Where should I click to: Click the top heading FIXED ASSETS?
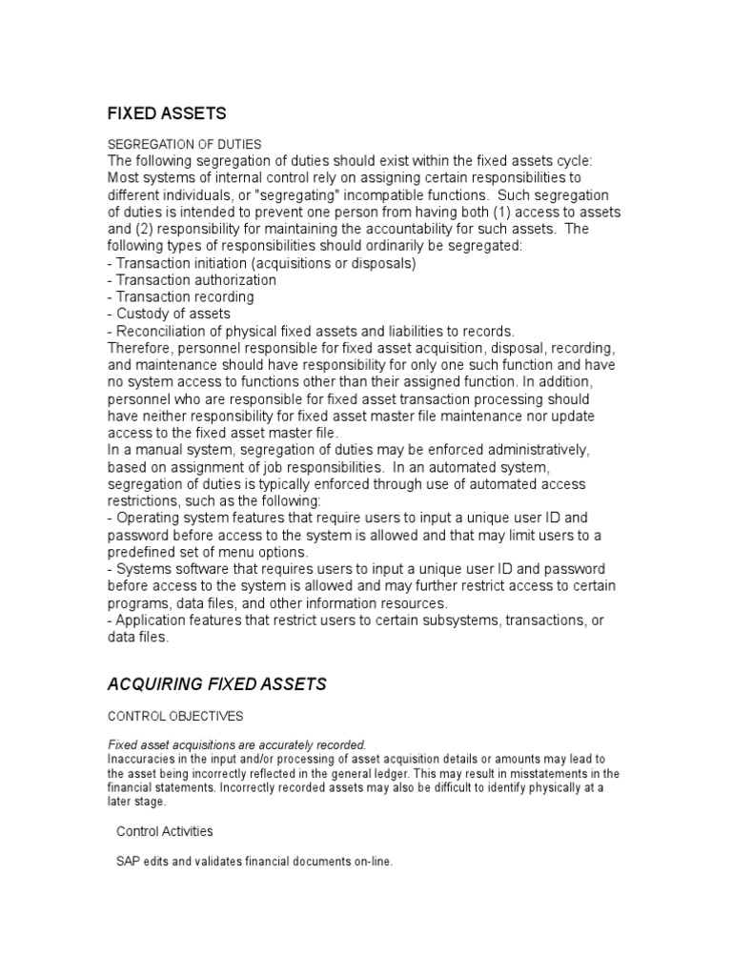pyautogui.click(x=167, y=114)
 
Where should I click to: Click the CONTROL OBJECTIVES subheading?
pyautogui.click(x=176, y=715)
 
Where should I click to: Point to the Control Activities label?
pyautogui.click(x=165, y=831)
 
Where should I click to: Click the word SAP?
pyautogui.click(x=129, y=862)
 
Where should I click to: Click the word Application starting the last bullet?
pyautogui.click(x=153, y=620)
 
